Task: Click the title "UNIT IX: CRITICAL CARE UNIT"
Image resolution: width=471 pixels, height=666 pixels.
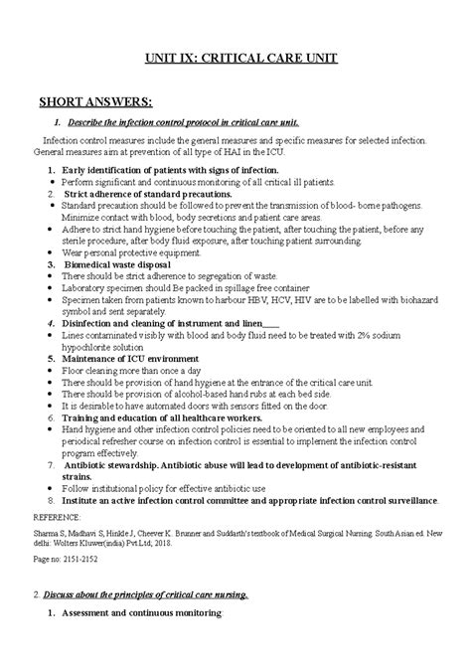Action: coord(235,60)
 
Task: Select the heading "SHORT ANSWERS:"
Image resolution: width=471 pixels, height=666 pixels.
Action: coord(94,101)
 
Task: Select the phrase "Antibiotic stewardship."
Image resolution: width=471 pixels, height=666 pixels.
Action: coord(120,464)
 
